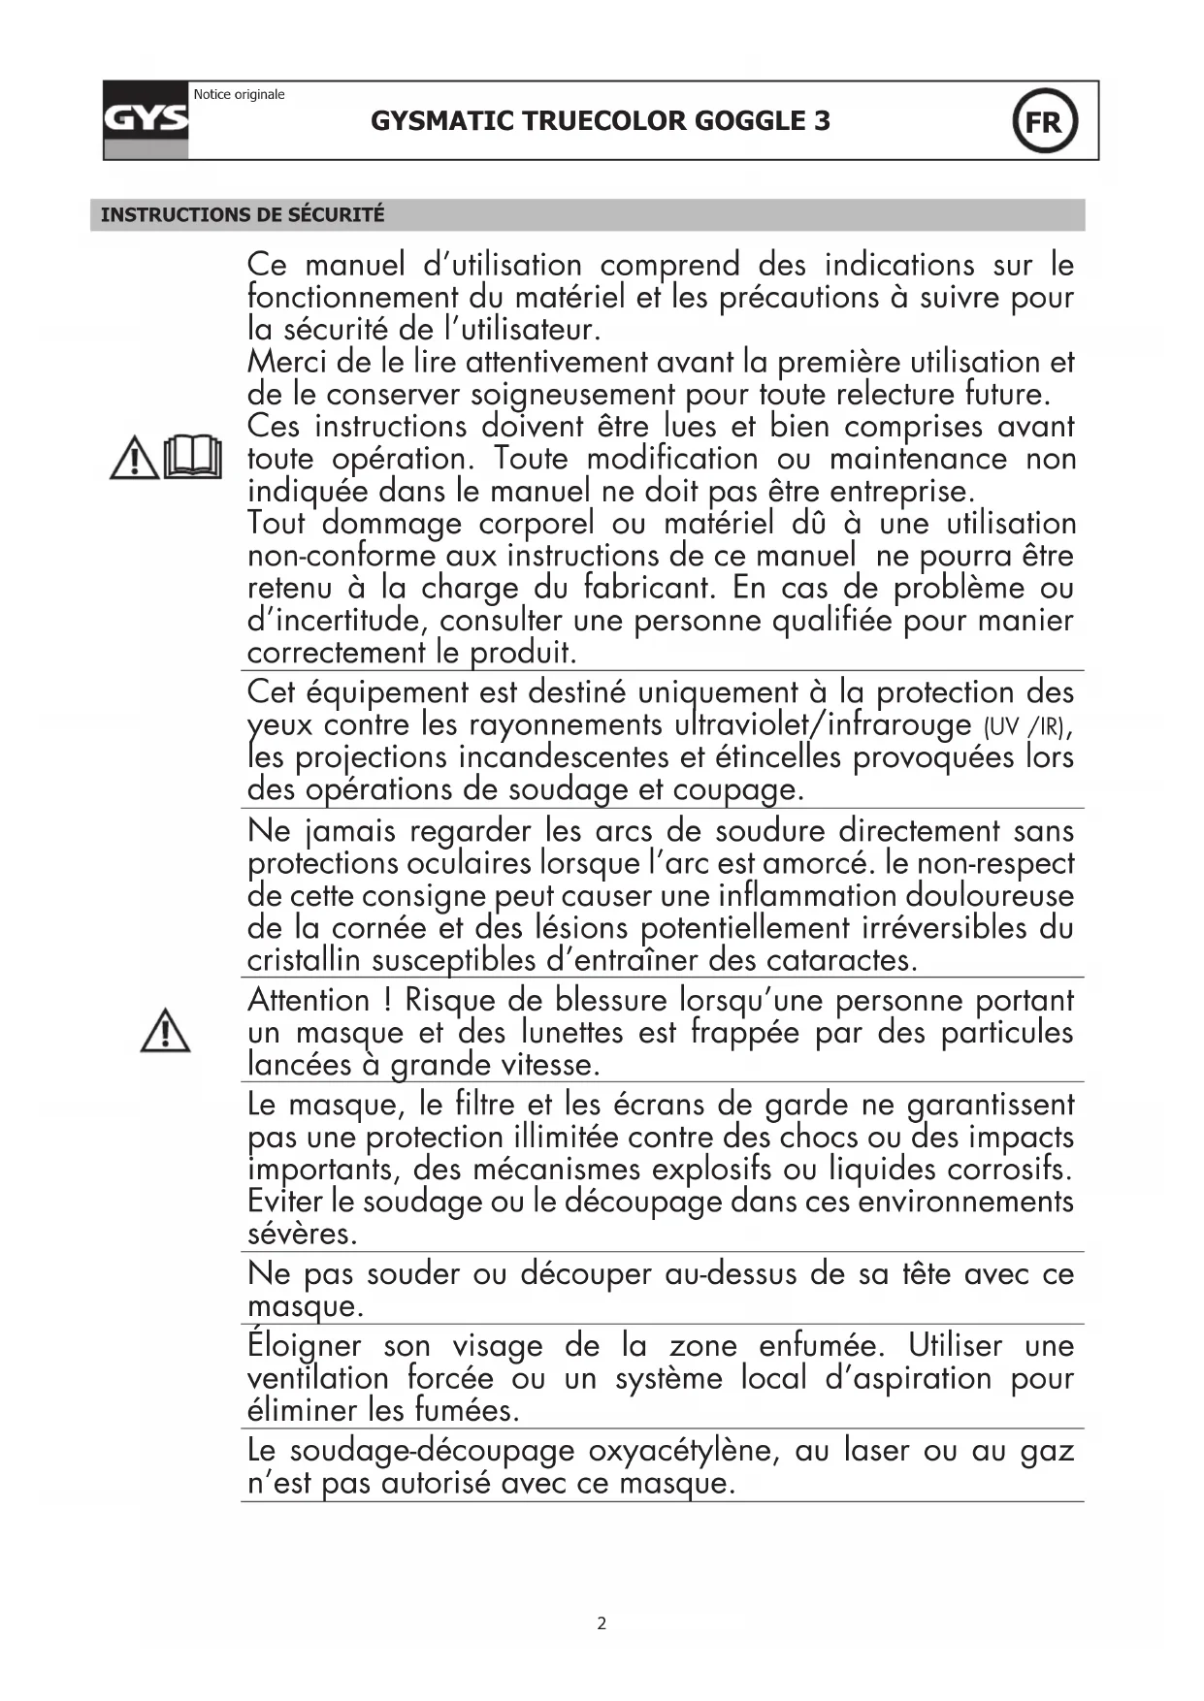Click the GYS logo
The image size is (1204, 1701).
tap(146, 120)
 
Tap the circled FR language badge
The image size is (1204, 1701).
tap(1044, 122)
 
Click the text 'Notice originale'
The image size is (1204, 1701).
tap(239, 94)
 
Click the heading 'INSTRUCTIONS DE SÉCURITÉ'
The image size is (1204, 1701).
tap(243, 214)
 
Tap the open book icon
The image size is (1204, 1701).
tap(193, 457)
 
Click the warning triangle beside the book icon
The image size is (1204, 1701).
tap(134, 458)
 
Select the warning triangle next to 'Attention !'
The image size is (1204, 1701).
tap(165, 1031)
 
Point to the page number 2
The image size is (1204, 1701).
tap(602, 1623)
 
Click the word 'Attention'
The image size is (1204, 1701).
tap(309, 1000)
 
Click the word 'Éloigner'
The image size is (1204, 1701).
tap(304, 1346)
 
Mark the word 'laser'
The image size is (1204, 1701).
tap(876, 1451)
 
